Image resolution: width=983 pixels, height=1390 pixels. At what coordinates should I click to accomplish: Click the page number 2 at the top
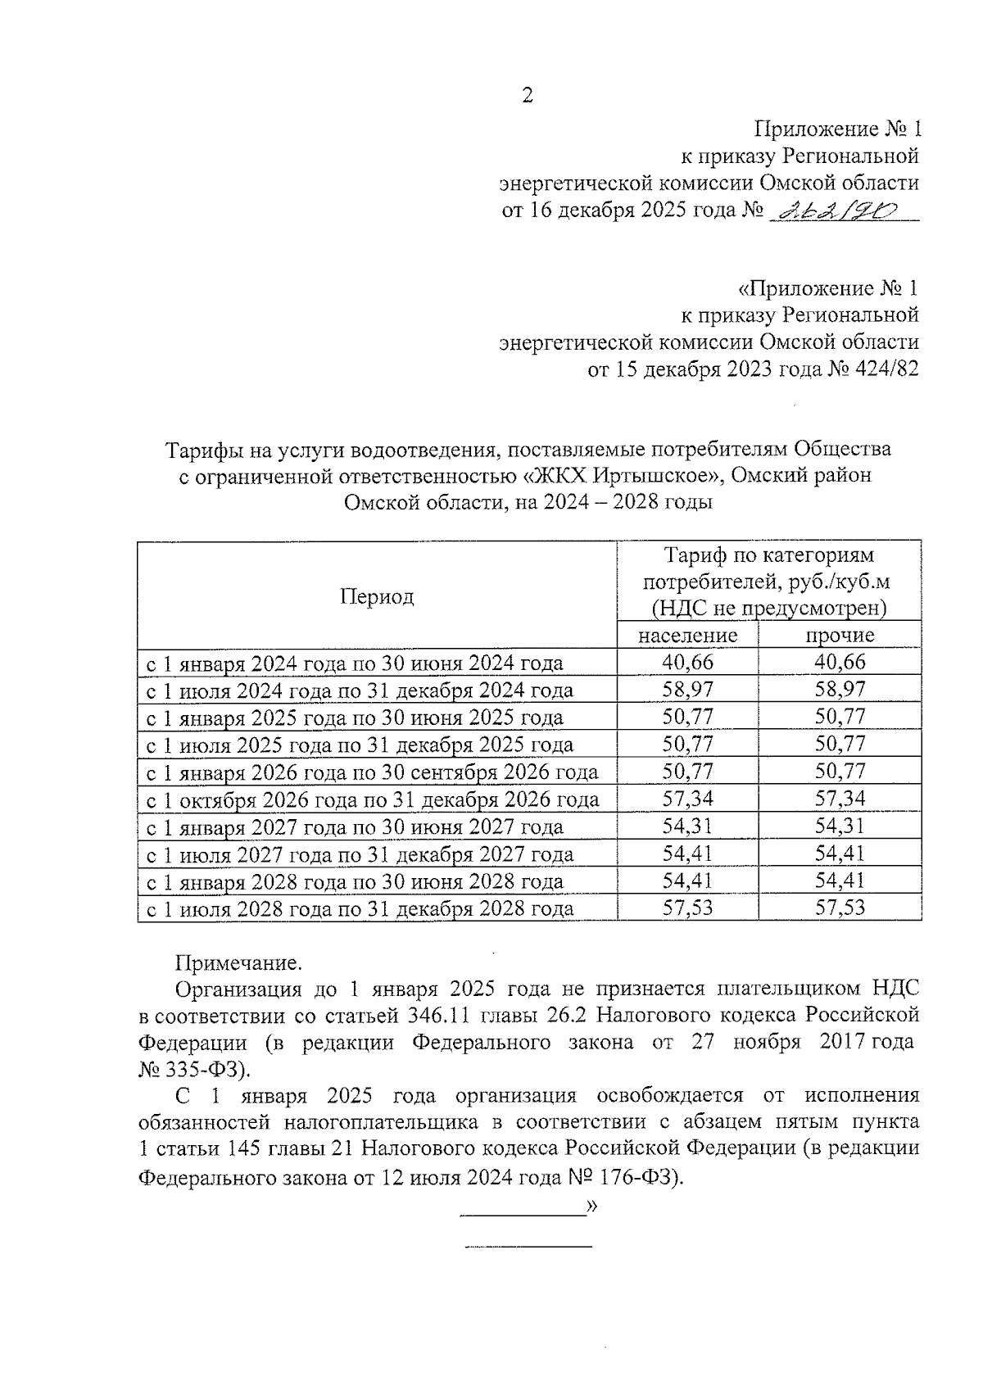(528, 97)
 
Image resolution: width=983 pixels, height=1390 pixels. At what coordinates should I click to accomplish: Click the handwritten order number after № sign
(836, 211)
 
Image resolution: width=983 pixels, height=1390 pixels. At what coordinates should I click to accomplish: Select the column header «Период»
(377, 596)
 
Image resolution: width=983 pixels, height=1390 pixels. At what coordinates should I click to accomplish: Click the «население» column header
(687, 636)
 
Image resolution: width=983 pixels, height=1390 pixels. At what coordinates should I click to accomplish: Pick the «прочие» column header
(840, 636)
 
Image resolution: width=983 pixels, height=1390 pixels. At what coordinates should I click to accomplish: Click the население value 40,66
(687, 662)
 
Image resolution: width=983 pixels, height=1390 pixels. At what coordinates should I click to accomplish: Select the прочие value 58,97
(840, 690)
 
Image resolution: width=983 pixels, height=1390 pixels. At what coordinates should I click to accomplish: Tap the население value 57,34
(687, 799)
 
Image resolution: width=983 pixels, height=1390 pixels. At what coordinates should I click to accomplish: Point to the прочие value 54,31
(840, 826)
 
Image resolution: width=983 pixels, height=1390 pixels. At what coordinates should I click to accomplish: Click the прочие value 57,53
(840, 908)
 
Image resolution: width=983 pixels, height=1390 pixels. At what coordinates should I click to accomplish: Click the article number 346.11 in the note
(437, 1016)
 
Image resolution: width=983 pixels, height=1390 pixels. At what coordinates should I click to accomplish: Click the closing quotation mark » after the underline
(592, 1206)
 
